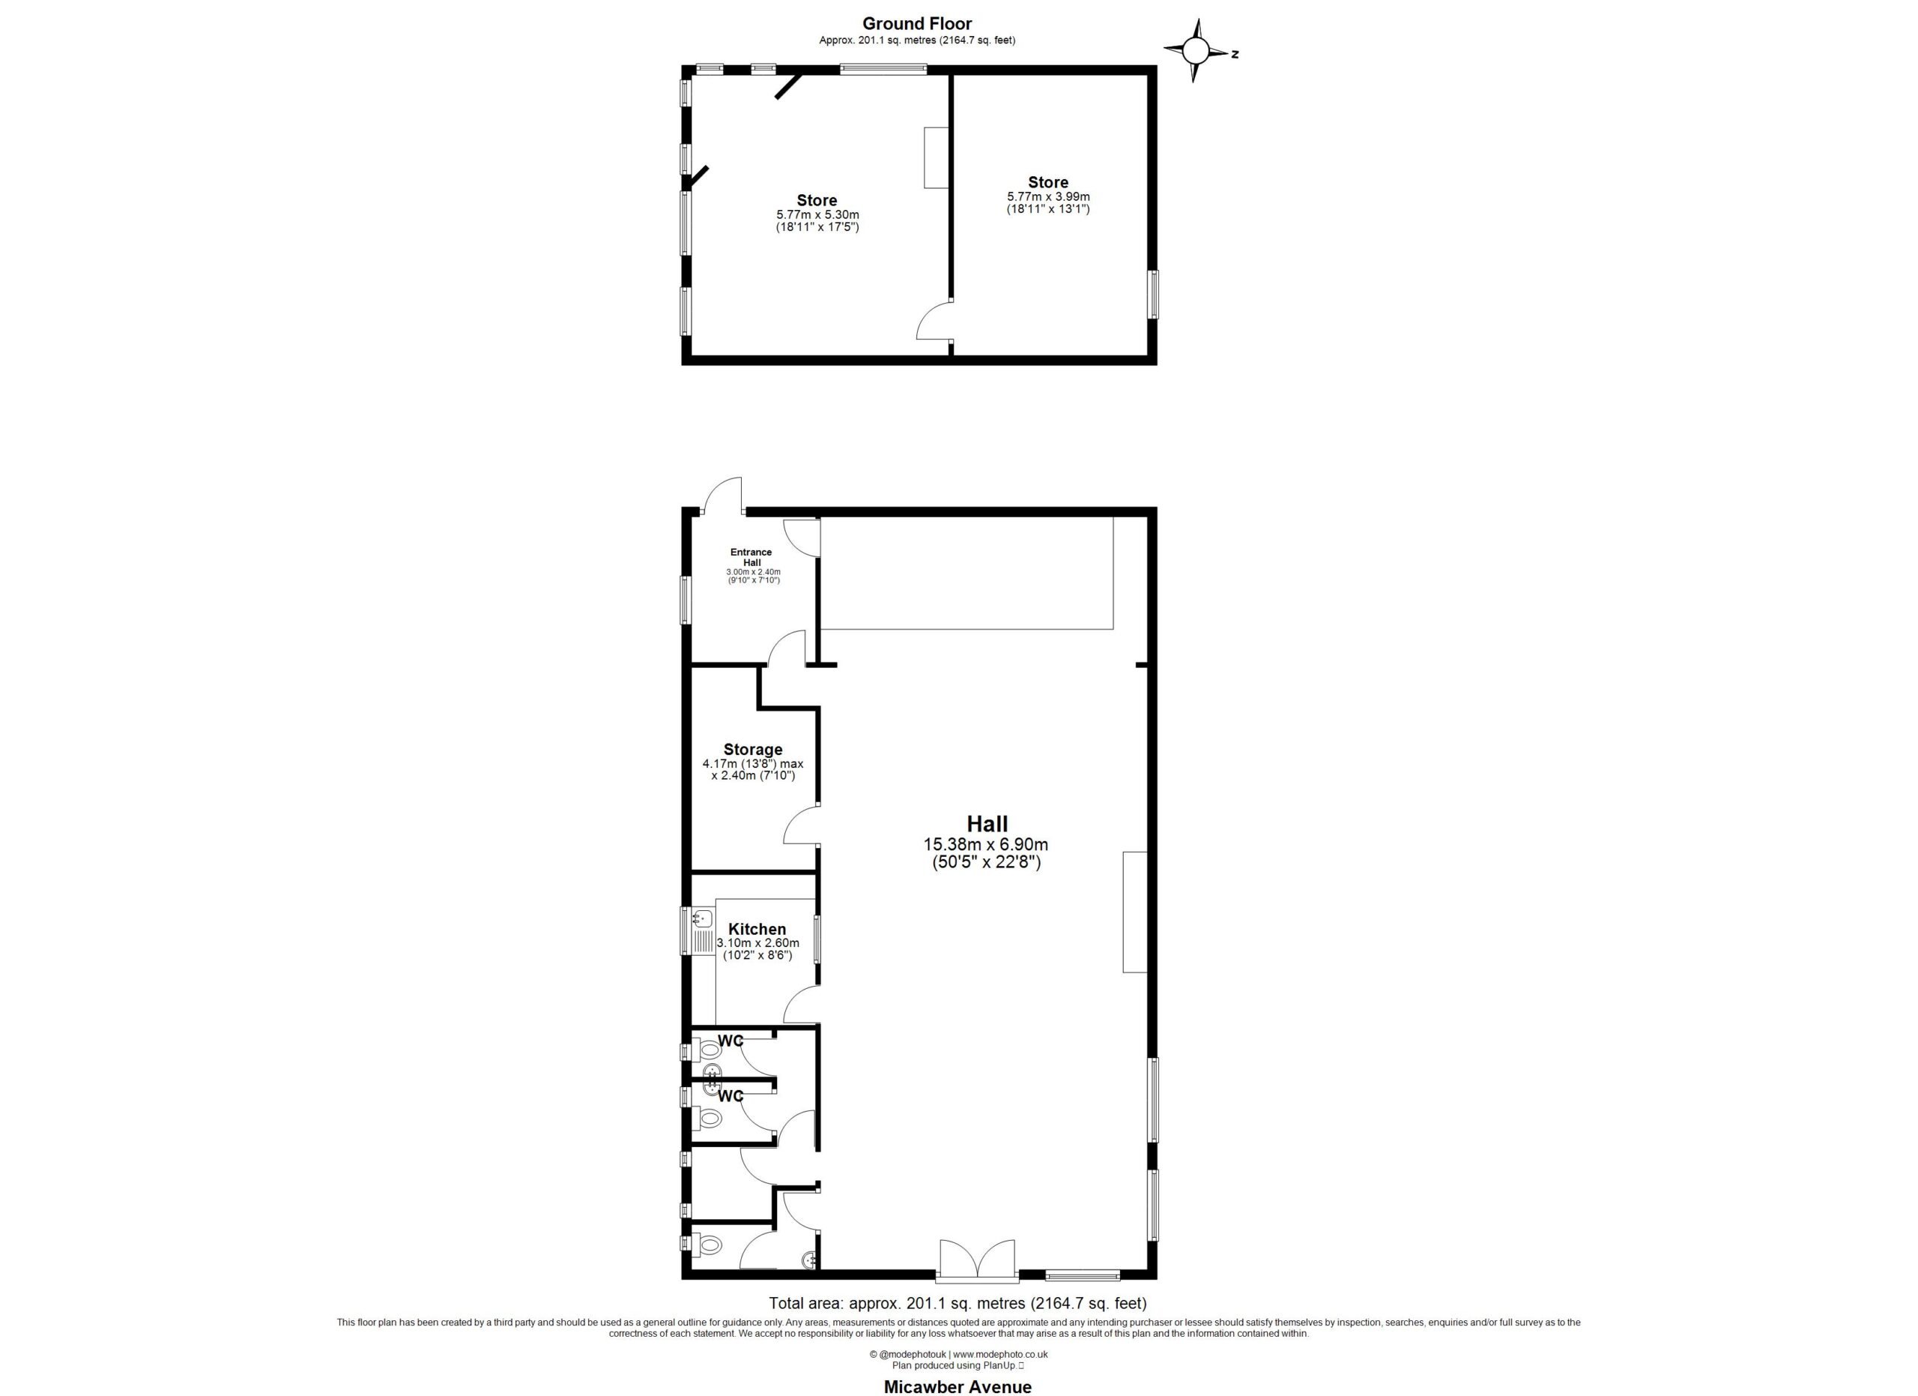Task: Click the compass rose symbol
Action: (1194, 52)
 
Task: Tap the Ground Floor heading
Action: (917, 24)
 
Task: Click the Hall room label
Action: (987, 824)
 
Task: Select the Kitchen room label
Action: (757, 929)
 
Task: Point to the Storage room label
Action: (753, 749)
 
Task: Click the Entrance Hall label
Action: (751, 558)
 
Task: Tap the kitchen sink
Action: (702, 930)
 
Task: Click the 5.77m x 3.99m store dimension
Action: (1048, 196)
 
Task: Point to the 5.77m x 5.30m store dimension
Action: (817, 215)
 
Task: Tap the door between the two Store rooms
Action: (935, 321)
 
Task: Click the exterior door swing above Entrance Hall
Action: (724, 496)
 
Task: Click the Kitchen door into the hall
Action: (802, 1005)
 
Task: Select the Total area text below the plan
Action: (958, 1303)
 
